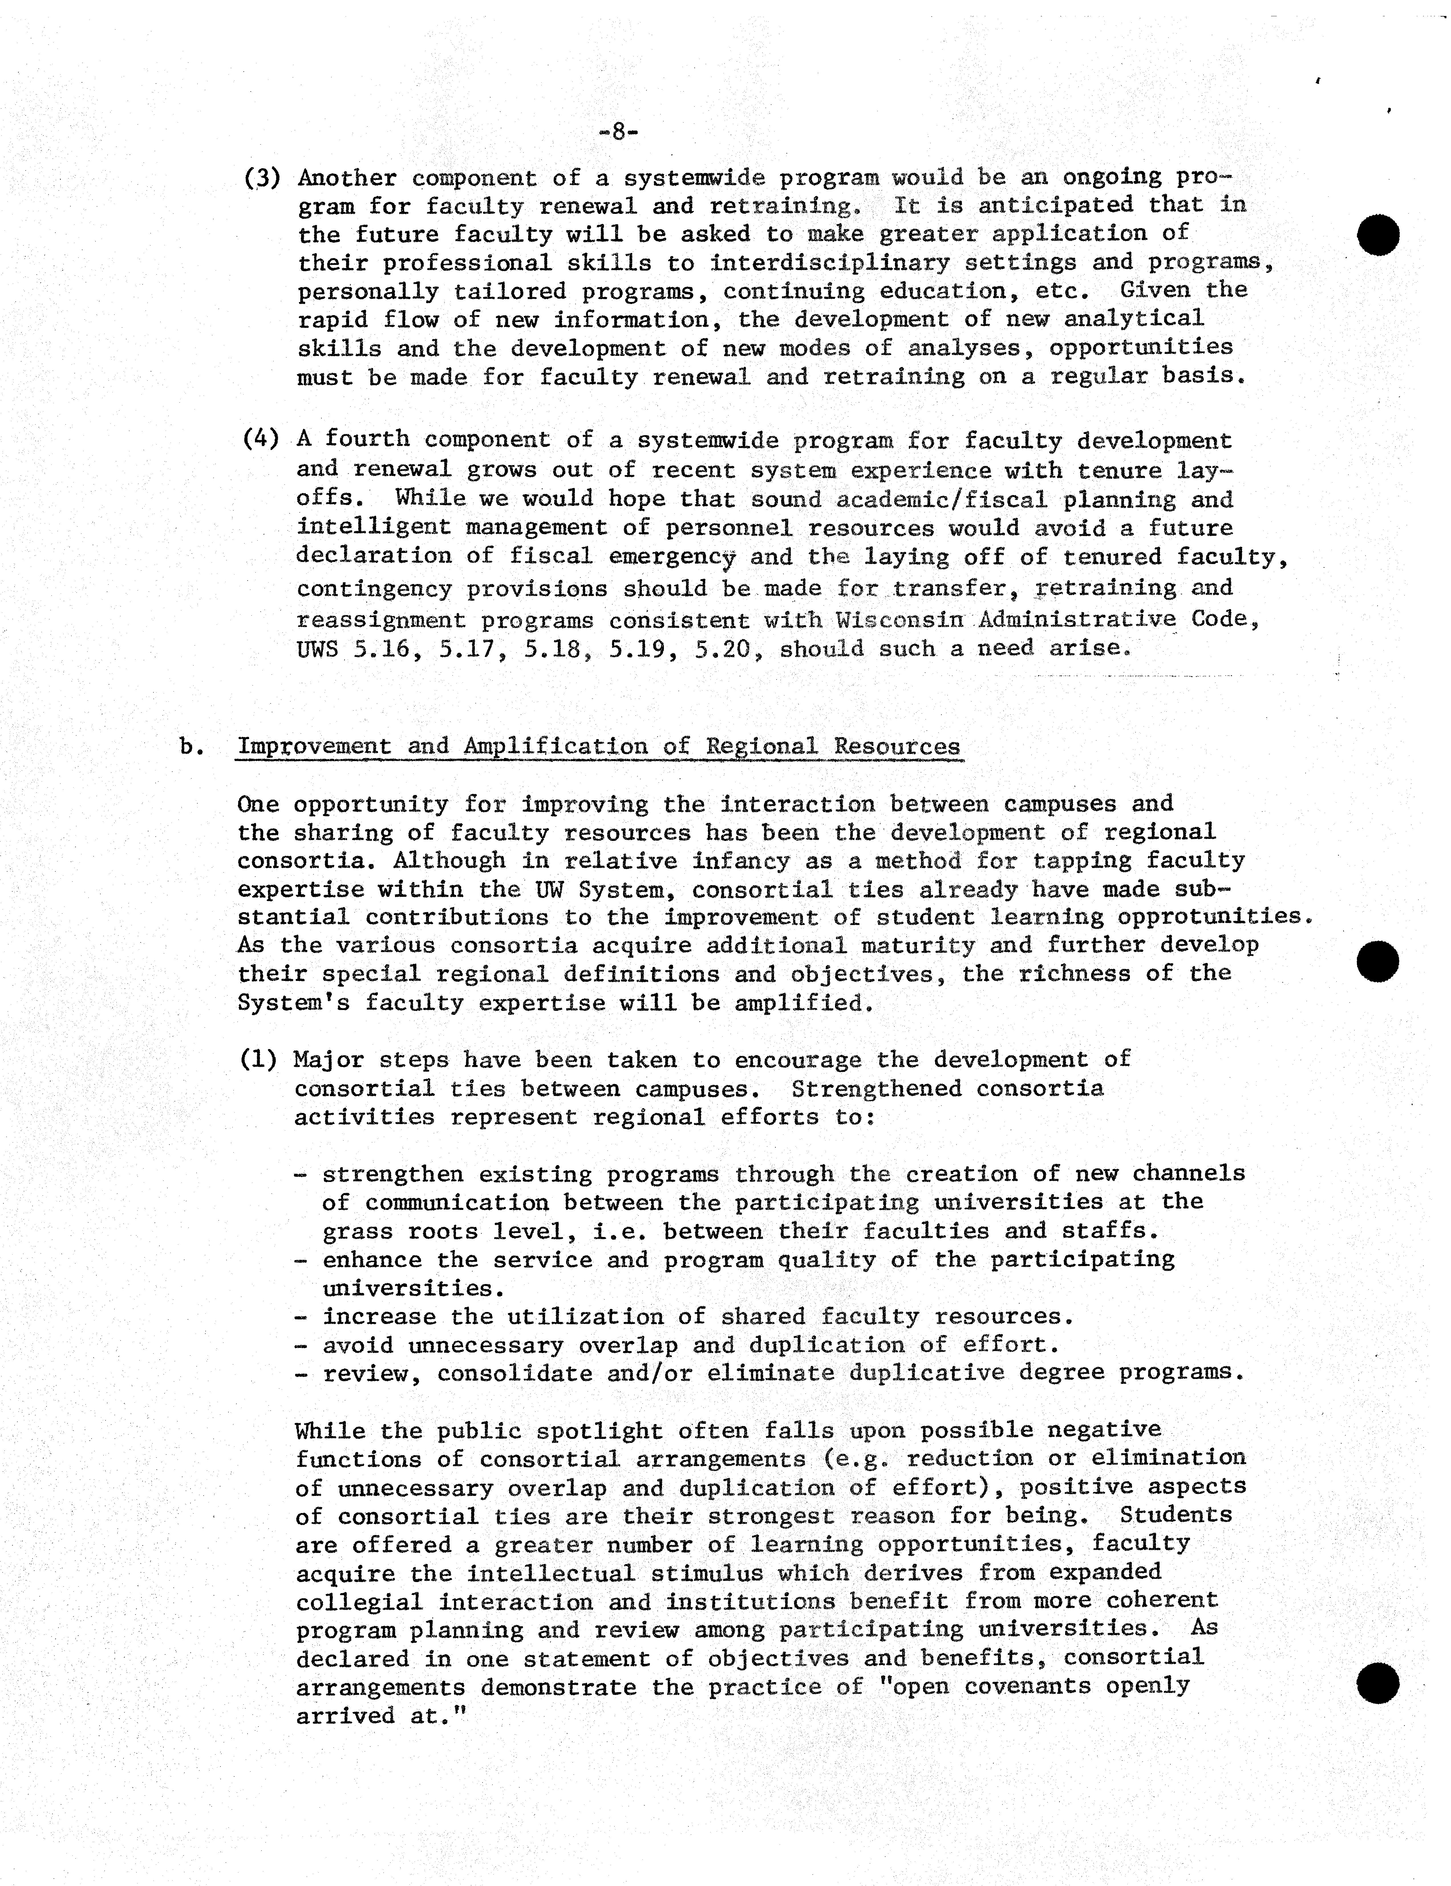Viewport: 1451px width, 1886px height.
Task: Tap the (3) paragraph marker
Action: click(x=263, y=178)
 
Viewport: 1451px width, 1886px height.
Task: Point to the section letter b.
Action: click(x=192, y=746)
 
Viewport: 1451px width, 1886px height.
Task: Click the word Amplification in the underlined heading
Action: click(x=554, y=746)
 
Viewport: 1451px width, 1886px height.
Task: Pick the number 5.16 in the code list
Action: click(x=381, y=649)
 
